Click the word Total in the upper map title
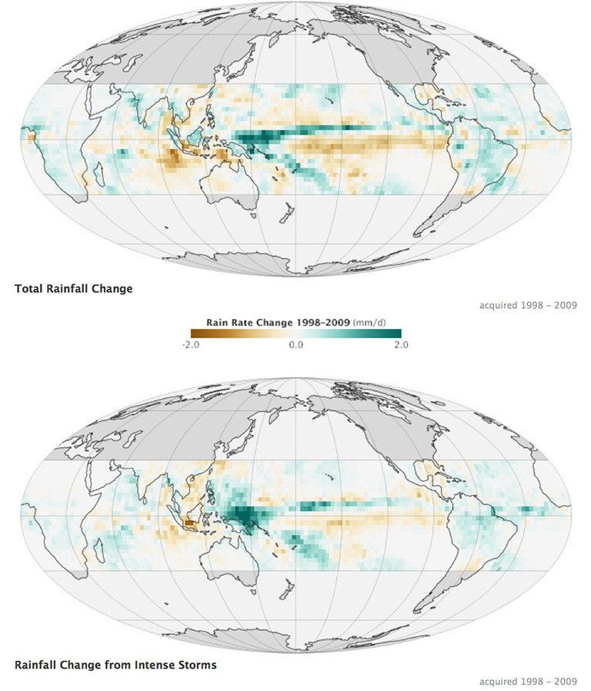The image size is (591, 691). [28, 289]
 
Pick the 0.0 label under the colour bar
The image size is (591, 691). [295, 345]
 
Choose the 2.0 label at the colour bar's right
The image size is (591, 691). [401, 345]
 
